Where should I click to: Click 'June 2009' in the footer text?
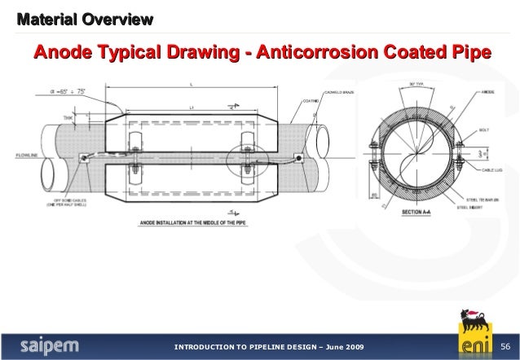click(x=337, y=349)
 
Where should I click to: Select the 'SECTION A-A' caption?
click(x=417, y=213)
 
